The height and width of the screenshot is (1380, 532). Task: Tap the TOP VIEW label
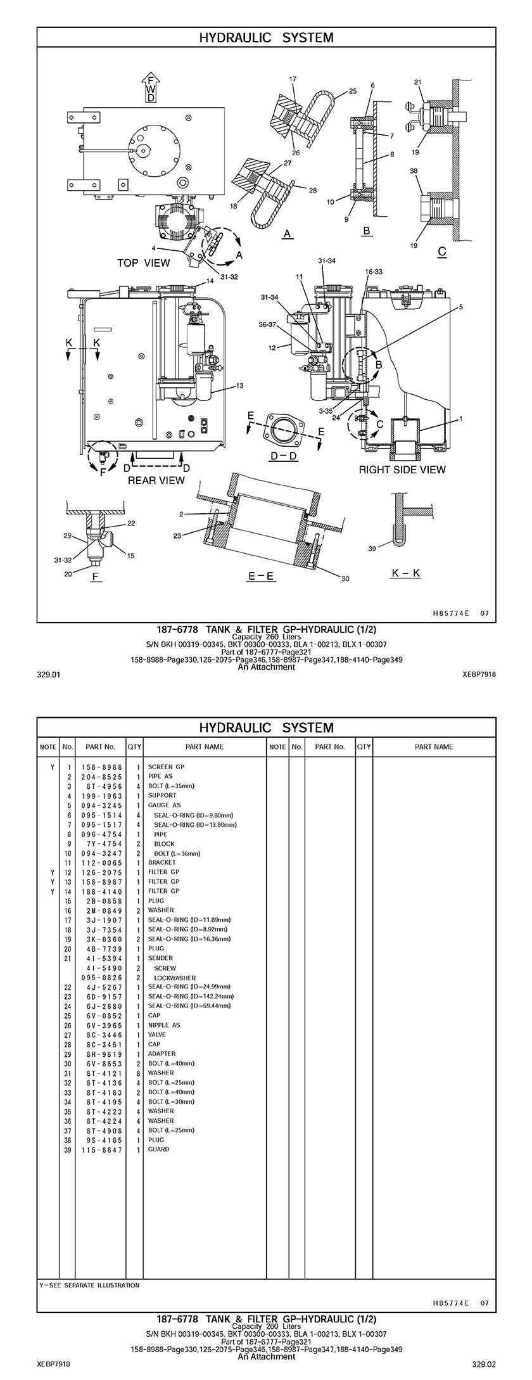[144, 263]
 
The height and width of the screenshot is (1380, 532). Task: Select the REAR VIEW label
[156, 480]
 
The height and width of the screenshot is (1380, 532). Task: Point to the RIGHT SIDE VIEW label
[402, 470]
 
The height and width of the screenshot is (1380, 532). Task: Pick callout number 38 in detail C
[414, 171]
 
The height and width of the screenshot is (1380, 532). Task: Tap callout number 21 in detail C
[417, 82]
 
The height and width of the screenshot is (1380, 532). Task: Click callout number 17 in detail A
[293, 79]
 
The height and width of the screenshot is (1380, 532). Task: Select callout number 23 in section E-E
[177, 536]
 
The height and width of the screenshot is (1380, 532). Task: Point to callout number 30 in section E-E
[345, 578]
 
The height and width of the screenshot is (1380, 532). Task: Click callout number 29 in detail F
[66, 536]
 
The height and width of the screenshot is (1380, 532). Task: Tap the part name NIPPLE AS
[164, 1025]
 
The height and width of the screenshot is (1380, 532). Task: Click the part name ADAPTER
[162, 1054]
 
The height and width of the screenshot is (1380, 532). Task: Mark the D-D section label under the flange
[284, 456]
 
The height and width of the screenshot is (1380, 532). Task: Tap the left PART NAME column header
[204, 746]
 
